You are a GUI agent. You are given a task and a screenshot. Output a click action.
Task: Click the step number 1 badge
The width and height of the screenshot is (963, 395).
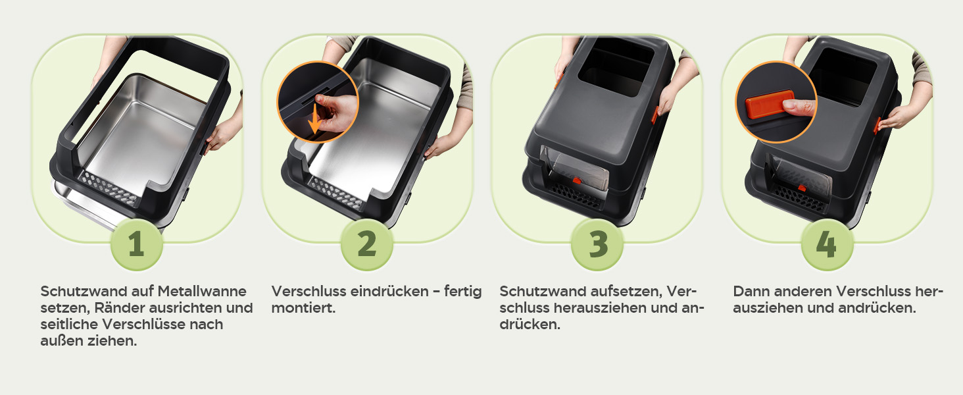pos(137,244)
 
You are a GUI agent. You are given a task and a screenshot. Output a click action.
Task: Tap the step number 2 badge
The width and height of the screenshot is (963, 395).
pos(366,244)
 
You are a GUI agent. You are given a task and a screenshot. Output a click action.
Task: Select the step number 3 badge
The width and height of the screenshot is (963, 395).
pos(597,244)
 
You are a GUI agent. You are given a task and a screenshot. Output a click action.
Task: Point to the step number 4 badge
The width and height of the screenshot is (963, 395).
pos(827,244)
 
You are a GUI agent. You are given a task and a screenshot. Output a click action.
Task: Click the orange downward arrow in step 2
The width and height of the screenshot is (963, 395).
pos(314,118)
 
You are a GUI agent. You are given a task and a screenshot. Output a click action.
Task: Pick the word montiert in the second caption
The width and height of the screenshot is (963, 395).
pos(303,308)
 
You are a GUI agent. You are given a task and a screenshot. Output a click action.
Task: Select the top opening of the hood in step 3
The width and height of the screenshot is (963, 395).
pos(616,66)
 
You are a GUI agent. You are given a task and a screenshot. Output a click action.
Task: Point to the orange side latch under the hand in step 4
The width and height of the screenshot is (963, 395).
pos(876,126)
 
